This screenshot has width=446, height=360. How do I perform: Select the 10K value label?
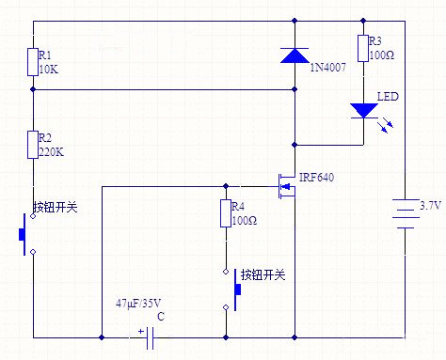tap(47, 70)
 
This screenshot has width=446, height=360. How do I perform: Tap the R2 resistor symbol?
tap(32, 146)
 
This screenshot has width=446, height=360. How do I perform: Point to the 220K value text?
tap(50, 153)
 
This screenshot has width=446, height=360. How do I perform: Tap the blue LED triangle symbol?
tap(363, 110)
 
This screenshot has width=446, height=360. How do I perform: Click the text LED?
tap(388, 97)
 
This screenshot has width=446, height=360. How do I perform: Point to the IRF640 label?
tap(316, 177)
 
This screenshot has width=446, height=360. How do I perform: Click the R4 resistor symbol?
tap(226, 213)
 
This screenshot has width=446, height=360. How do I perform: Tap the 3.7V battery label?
tap(430, 205)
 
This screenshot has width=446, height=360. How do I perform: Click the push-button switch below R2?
tap(27, 232)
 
